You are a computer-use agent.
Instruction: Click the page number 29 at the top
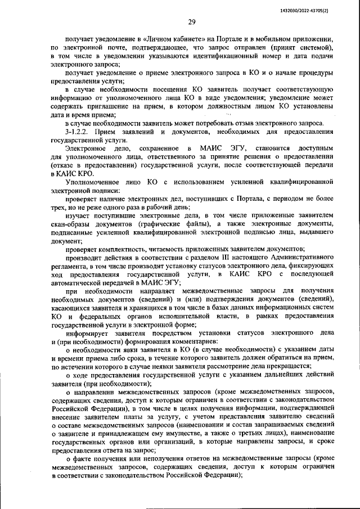pyautogui.click(x=191, y=22)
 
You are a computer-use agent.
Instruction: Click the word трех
pyautogui.click(x=57, y=208)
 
